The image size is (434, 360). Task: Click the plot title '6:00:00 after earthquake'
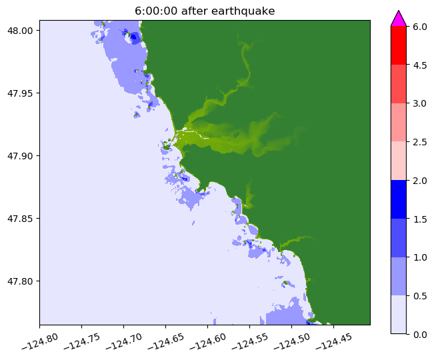pos(204,10)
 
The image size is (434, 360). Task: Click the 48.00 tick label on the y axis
pos(22,31)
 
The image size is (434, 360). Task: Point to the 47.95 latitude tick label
pos(22,93)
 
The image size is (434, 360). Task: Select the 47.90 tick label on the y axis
pos(22,156)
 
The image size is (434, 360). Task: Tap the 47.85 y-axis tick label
pos(22,219)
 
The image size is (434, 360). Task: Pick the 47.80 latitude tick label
pos(22,281)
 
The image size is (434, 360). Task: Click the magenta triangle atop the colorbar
pos(398,19)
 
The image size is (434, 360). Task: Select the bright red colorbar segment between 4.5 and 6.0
pos(398,45)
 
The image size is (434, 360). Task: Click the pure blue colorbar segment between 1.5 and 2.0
pos(398,199)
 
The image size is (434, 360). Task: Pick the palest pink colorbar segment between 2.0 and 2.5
pos(398,161)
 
